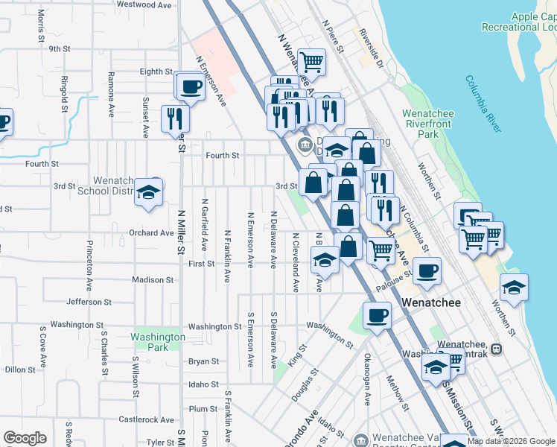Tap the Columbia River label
(x=482, y=104)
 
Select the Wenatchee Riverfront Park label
(x=429, y=124)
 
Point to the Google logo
(x=25, y=438)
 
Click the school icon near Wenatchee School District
(x=149, y=193)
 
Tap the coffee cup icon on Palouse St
(x=427, y=271)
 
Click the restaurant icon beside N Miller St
(x=176, y=118)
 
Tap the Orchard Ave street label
(x=151, y=232)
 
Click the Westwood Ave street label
(x=145, y=4)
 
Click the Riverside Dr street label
(x=370, y=49)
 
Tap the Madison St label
(x=153, y=280)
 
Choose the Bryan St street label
(x=203, y=361)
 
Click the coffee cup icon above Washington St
(x=377, y=315)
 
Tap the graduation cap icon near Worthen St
(x=514, y=288)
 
